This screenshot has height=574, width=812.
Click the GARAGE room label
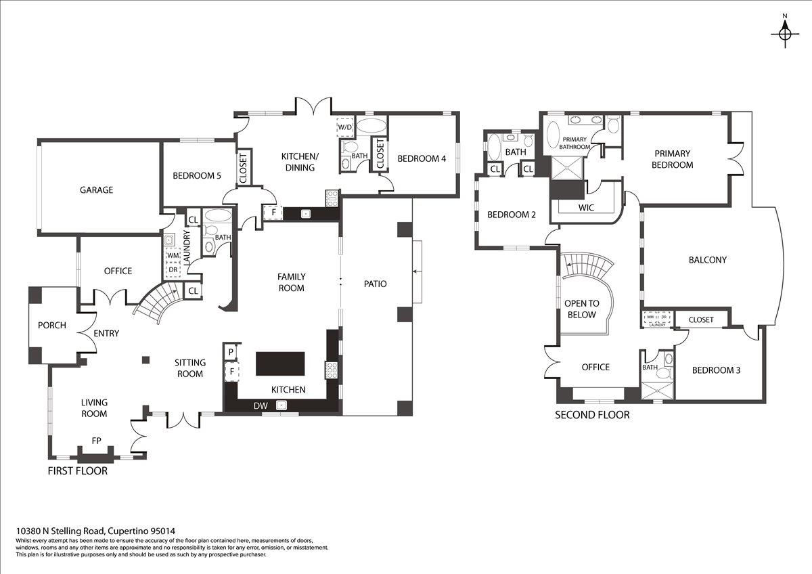[96, 190]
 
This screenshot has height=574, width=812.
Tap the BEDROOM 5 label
[197, 176]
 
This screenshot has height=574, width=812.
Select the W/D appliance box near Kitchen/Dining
[344, 127]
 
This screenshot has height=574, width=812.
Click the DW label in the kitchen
[261, 405]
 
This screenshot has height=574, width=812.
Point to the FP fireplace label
[96, 441]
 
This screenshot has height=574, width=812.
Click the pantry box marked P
[231, 352]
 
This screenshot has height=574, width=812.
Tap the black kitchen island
[280, 363]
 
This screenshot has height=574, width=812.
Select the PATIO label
[375, 284]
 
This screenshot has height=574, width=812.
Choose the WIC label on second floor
[586, 207]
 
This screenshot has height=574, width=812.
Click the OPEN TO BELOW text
[581, 309]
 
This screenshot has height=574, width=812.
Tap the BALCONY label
[708, 260]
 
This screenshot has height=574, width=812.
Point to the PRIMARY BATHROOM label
[574, 143]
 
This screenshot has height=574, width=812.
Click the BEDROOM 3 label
[717, 370]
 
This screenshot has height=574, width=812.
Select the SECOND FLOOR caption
[592, 415]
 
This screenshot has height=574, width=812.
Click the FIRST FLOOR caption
[78, 471]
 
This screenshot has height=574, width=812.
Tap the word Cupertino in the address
[129, 531]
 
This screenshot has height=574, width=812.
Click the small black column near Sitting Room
[145, 359]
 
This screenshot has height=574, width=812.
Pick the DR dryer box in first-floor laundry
[173, 270]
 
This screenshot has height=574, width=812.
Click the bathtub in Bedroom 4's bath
[371, 127]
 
